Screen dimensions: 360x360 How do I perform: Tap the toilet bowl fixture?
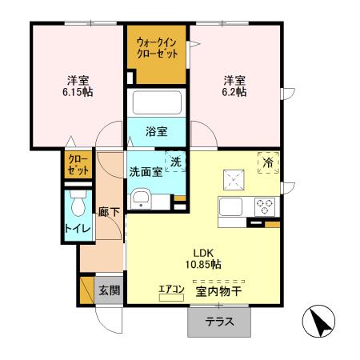point(78,203)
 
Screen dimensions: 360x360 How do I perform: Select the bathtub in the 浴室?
point(157,102)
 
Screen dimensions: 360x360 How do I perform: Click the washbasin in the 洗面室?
point(142,198)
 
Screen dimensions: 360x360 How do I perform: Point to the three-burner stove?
point(265,206)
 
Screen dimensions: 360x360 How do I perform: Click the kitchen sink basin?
point(230,207)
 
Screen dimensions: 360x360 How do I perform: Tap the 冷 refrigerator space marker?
point(268,162)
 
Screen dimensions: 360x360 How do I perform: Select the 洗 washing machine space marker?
point(175,162)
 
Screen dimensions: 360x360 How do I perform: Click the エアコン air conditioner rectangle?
point(171,298)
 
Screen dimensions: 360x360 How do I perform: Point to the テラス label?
point(219,322)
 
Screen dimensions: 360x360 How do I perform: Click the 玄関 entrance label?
point(110,290)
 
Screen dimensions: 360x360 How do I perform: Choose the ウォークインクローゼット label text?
point(157,48)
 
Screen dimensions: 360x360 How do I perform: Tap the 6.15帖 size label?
point(78,92)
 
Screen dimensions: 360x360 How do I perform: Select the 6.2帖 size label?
point(234,92)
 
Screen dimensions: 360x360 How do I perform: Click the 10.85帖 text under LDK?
point(203,264)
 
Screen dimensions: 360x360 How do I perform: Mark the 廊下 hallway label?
point(109,212)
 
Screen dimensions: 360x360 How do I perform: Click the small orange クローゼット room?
point(78,165)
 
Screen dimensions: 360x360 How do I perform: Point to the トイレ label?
point(78,229)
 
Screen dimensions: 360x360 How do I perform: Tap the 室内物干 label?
point(218,291)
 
